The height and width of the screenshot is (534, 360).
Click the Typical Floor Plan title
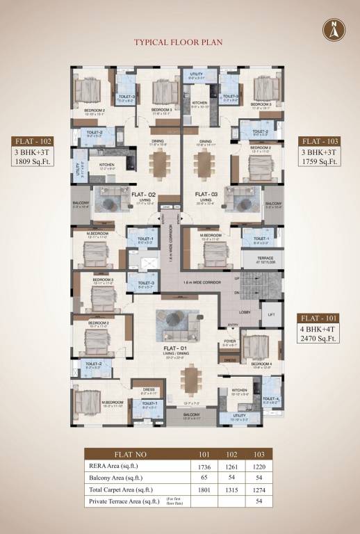point(179,42)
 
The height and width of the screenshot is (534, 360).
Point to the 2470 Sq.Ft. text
point(319,339)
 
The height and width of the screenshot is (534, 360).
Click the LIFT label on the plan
point(270,314)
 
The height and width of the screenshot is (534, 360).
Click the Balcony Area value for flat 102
point(230,478)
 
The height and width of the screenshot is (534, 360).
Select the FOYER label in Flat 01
point(229,341)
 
